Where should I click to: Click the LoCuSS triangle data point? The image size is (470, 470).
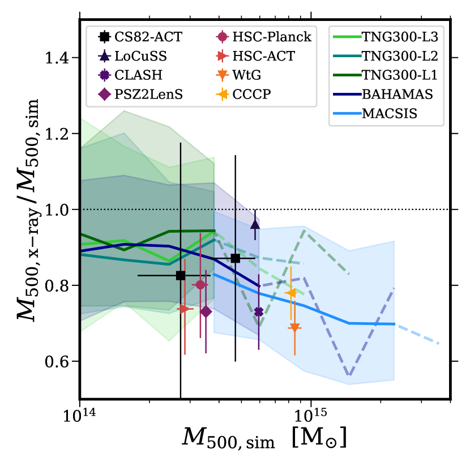pyautogui.click(x=255, y=225)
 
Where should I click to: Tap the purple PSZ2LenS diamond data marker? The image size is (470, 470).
pyautogui.click(x=206, y=311)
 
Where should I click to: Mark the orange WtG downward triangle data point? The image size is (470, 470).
pyautogui.click(x=294, y=328)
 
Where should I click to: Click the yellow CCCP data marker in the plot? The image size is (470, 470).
pyautogui.click(x=290, y=292)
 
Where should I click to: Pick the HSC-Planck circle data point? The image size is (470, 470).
pyautogui.click(x=200, y=284)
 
